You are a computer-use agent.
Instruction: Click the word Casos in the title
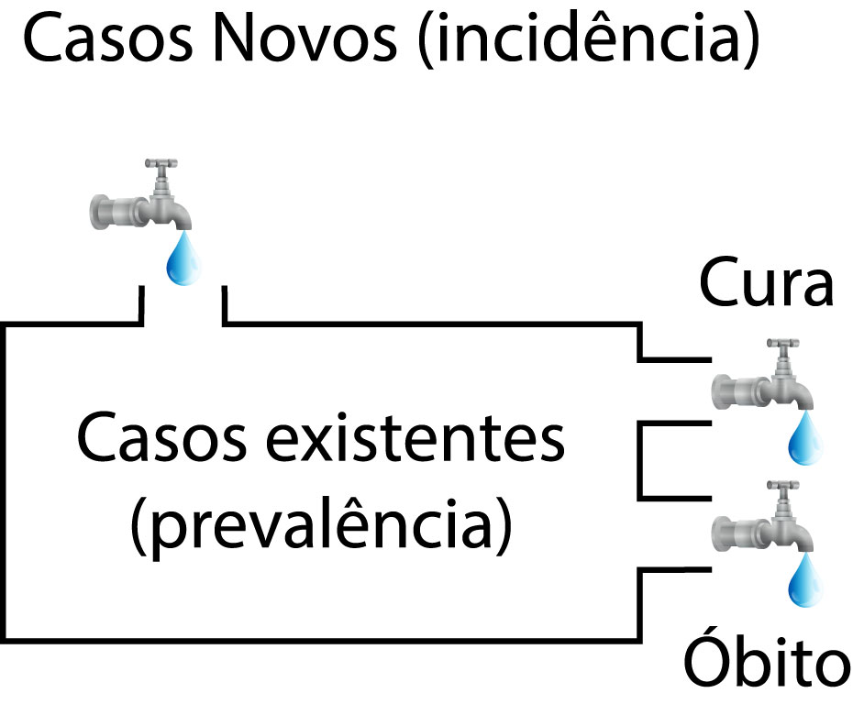tap(103, 41)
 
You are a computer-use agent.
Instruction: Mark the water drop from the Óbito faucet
tap(804, 581)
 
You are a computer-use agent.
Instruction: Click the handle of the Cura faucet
tap(781, 346)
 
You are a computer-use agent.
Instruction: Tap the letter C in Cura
tap(721, 285)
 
